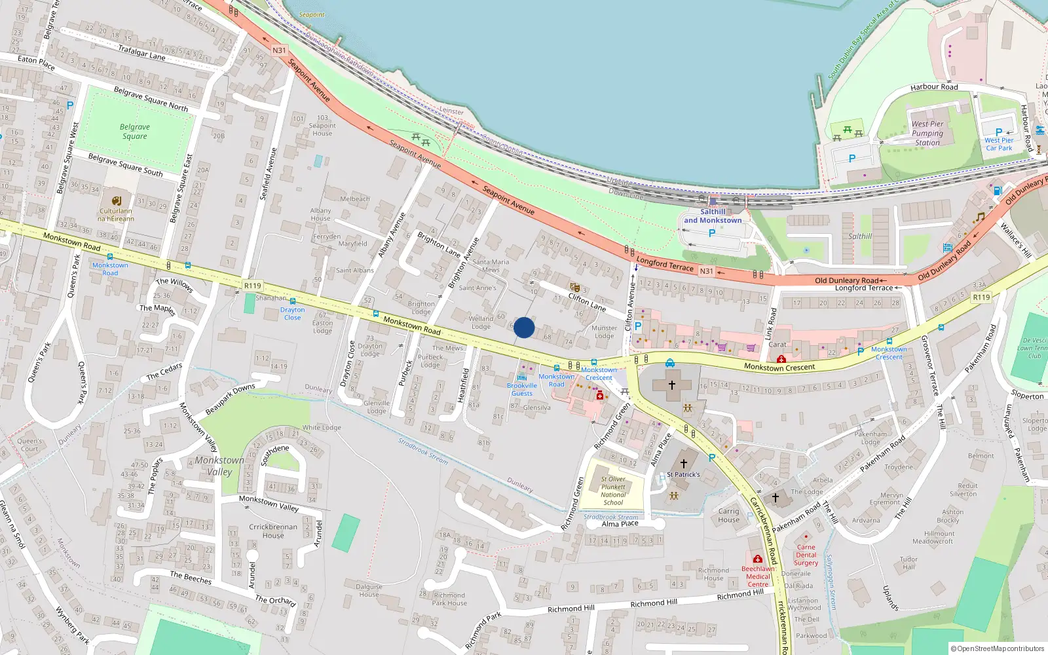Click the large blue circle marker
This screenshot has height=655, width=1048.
524,327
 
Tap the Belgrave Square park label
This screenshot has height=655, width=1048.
135,132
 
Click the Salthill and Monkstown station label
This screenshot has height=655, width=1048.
713,216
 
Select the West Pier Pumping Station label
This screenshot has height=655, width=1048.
927,133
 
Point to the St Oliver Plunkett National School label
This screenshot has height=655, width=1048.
613,491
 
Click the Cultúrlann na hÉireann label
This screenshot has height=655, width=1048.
116,215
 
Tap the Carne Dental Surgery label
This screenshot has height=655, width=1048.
806,555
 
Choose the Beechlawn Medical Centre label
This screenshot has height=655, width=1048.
758,576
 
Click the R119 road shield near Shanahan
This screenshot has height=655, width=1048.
252,286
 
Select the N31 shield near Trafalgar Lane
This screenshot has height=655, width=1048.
279,50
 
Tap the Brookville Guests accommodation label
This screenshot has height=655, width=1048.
522,389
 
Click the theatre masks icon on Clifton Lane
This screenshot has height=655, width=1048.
575,288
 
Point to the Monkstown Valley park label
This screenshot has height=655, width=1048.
219,466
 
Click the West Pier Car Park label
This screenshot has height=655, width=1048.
998,144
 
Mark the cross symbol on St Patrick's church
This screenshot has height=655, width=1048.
683,463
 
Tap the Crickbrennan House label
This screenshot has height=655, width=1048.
273,531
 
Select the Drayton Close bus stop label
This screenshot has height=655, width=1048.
292,314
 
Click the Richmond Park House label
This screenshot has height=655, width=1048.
449,599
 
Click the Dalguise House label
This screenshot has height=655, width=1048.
369,590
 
